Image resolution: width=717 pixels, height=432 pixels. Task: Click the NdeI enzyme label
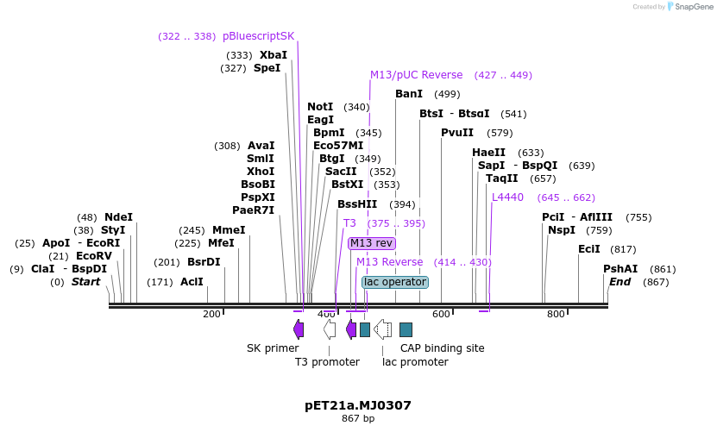(x=118, y=217)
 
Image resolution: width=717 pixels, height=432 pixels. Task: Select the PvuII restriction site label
(x=457, y=133)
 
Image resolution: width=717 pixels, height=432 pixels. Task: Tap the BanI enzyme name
(x=409, y=94)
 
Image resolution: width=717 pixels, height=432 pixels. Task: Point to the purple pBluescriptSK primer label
(x=258, y=36)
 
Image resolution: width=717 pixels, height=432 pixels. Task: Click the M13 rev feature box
(x=372, y=243)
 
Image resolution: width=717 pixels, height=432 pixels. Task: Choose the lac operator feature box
(x=395, y=282)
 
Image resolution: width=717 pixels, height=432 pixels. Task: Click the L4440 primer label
(x=507, y=197)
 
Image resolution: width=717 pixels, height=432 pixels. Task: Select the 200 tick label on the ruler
(x=211, y=315)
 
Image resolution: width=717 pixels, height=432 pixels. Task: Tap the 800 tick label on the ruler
(x=557, y=315)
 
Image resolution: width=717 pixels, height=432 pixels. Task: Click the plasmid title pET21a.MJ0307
(x=358, y=405)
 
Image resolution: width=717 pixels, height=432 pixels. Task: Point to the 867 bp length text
(x=358, y=419)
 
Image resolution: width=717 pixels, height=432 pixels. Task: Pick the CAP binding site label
(x=442, y=348)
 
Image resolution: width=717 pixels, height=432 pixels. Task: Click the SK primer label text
(x=273, y=348)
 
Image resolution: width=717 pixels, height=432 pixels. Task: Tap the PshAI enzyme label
(x=620, y=269)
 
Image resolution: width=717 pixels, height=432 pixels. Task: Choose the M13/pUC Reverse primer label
(x=416, y=75)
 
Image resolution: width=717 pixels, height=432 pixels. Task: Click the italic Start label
(x=85, y=282)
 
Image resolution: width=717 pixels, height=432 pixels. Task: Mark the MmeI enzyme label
(x=229, y=230)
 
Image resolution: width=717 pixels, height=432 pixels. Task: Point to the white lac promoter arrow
(x=382, y=329)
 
